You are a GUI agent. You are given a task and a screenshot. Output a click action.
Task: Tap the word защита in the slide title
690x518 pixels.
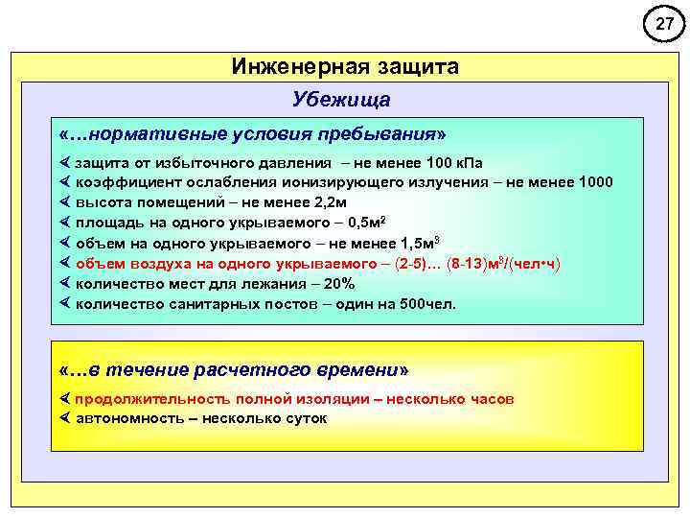tap(410, 66)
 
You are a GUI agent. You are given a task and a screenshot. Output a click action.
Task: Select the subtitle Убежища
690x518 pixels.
tap(342, 101)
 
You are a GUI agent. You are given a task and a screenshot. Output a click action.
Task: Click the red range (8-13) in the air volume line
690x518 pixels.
tap(471, 263)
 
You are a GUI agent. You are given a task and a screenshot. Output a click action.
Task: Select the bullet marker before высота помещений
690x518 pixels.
tap(65, 202)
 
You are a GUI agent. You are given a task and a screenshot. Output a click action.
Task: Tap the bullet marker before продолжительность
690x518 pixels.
tap(65, 398)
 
